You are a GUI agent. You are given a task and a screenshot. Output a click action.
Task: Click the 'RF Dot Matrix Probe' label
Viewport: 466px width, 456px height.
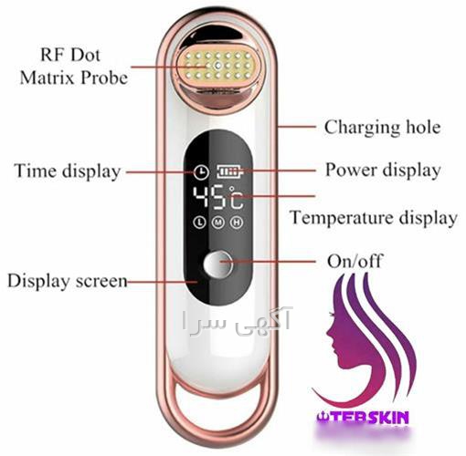click(x=73, y=67)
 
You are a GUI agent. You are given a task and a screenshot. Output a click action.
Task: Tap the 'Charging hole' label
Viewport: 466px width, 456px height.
click(x=382, y=127)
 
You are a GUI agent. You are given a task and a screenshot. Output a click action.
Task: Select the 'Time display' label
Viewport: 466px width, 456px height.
click(x=67, y=171)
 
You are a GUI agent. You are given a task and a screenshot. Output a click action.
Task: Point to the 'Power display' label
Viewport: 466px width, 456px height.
click(x=383, y=170)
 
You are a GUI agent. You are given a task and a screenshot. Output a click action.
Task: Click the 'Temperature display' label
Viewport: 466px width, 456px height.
click(x=374, y=218)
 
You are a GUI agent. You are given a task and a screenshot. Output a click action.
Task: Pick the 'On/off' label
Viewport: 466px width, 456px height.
click(x=355, y=261)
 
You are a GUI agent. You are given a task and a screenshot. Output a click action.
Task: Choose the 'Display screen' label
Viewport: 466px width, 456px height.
click(x=67, y=281)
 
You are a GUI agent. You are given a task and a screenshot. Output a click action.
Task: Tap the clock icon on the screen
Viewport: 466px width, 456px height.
click(x=201, y=172)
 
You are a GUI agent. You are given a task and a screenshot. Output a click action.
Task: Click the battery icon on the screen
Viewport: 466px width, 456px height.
click(x=230, y=172)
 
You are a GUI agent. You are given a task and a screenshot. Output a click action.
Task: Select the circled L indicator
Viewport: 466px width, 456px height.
click(x=200, y=223)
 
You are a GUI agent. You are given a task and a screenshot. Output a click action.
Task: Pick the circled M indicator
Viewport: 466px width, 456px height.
click(x=218, y=223)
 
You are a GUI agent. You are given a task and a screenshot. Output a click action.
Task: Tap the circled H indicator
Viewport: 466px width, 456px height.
click(x=237, y=223)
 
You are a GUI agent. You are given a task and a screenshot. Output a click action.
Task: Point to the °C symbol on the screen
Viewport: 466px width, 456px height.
click(x=237, y=198)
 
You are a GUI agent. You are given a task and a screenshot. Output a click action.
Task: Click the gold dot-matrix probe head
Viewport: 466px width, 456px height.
click(x=218, y=66)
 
